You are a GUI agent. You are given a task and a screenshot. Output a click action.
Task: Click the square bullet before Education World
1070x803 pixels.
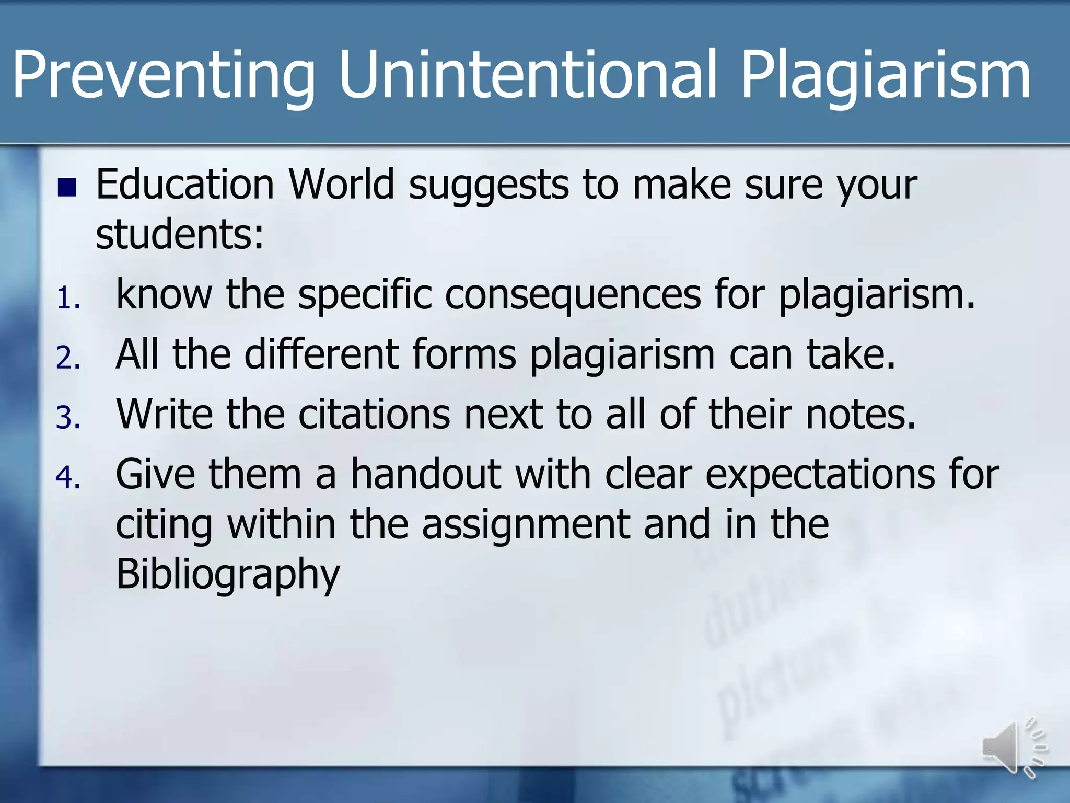click(67, 188)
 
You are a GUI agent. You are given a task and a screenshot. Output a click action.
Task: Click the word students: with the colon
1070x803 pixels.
click(180, 234)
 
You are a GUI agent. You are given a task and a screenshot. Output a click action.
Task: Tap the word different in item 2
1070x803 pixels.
click(322, 354)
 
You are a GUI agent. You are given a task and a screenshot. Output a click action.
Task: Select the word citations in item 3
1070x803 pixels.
click(374, 414)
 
